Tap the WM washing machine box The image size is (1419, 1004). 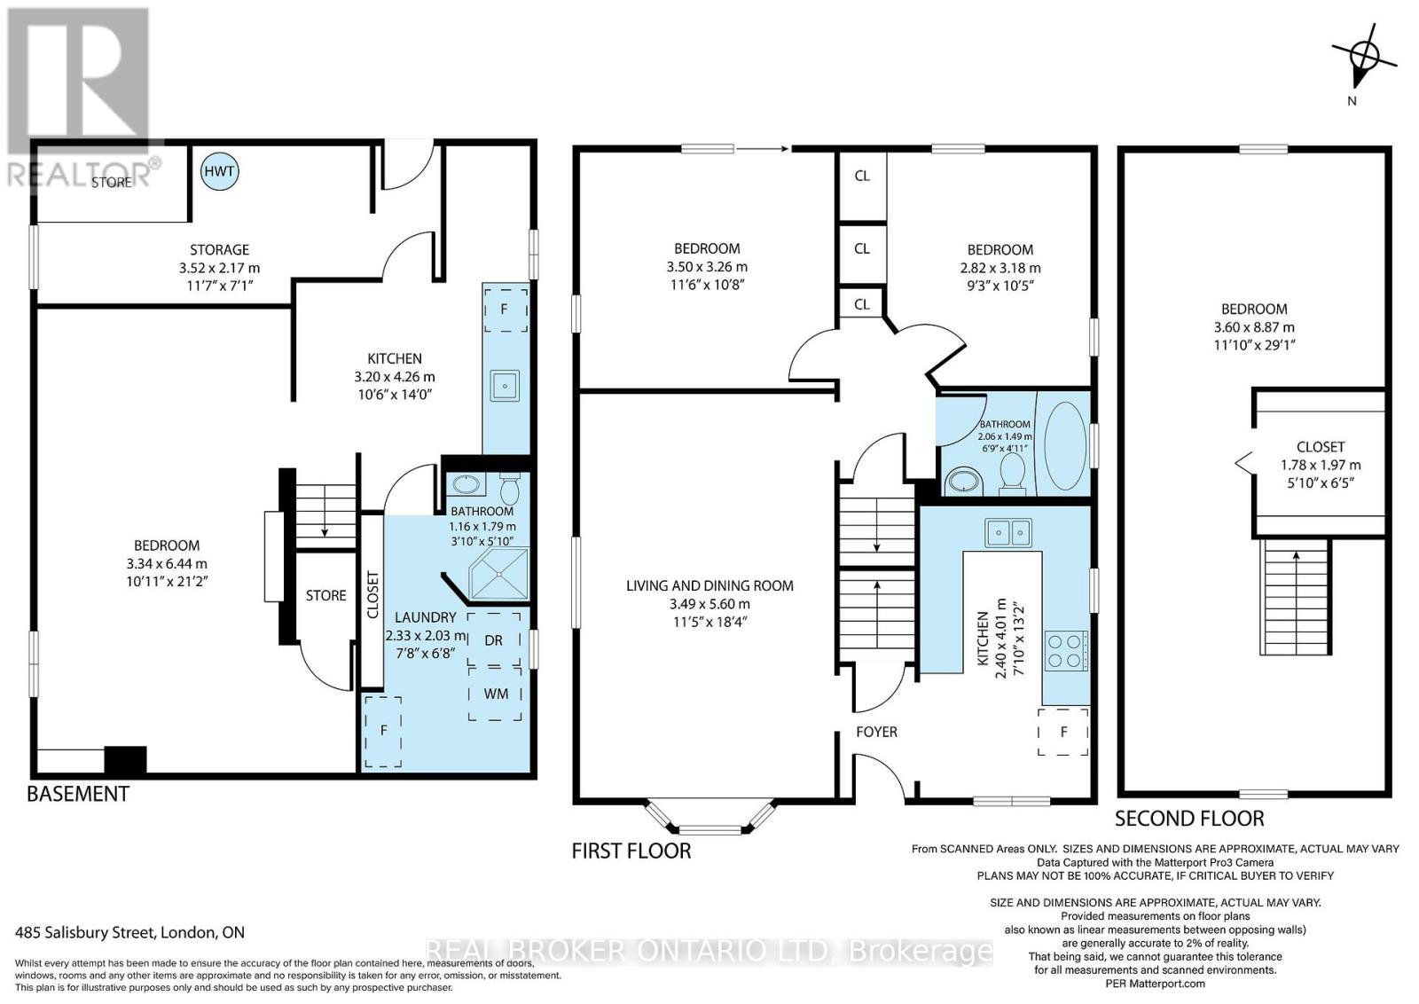[496, 694]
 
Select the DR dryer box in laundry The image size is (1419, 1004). [494, 639]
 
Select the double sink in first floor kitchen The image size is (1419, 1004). [1008, 532]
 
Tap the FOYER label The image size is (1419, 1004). [876, 732]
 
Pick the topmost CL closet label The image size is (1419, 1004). [862, 176]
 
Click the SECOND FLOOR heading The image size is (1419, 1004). [1188, 818]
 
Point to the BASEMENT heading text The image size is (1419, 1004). [78, 794]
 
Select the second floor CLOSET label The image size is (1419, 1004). [1320, 447]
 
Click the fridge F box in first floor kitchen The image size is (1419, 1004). [1063, 732]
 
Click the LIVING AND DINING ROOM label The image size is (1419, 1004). [709, 585]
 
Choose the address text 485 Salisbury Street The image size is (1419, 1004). [130, 932]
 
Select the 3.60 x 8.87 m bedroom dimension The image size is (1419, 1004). [1254, 326]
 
